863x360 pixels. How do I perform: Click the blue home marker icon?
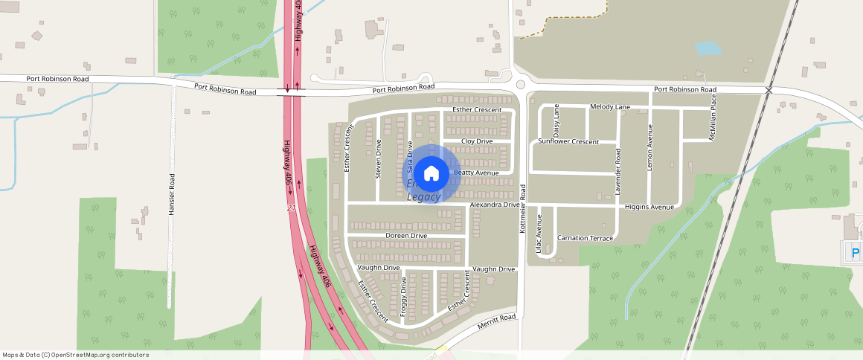tap(431, 173)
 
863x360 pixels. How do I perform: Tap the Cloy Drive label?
tap(477, 141)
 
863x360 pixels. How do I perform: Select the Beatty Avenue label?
tap(476, 173)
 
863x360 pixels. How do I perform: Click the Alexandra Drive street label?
tap(494, 205)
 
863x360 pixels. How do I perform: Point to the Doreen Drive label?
tap(406, 236)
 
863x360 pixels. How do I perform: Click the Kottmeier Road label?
tap(523, 210)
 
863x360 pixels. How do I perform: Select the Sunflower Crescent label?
tap(568, 141)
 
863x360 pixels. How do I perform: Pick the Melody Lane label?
tap(610, 107)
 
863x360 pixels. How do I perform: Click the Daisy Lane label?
tap(556, 120)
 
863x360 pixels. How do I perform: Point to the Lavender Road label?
tap(617, 172)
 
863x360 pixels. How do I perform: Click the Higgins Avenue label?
tap(649, 207)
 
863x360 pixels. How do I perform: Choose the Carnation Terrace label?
tap(586, 238)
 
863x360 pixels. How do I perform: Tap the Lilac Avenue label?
tap(539, 234)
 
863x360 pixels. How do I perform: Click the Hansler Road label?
tap(171, 195)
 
